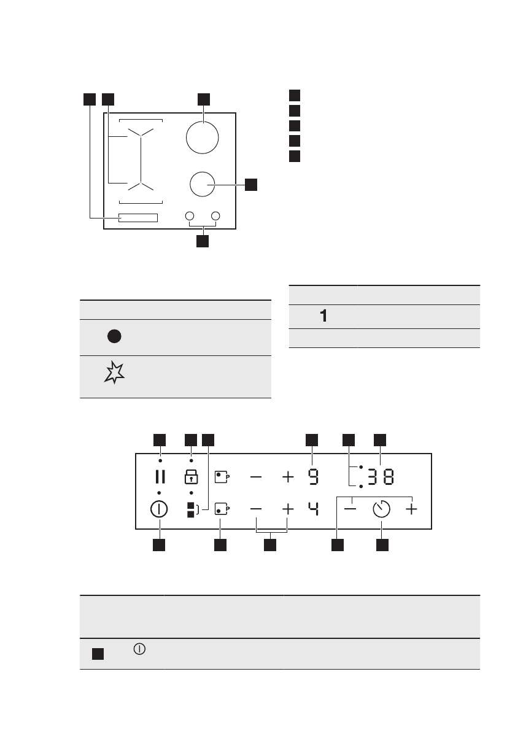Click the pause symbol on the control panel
coord(160,476)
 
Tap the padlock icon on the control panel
coord(191,476)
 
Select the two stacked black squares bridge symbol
coord(191,509)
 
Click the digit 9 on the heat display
coord(313,476)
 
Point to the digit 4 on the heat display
coord(313,509)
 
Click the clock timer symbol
coord(381,509)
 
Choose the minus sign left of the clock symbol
coord(351,509)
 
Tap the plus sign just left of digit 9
coord(287,476)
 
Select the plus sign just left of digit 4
coord(287,509)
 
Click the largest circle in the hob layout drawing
coord(203,137)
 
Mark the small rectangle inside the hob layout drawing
coord(138,218)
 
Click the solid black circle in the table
coord(114,336)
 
